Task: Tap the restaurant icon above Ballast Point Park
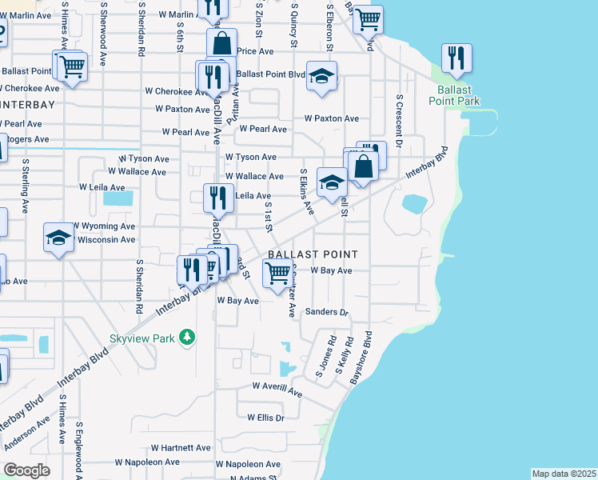click(456, 58)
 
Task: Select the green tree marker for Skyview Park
click(187, 338)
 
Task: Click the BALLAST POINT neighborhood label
click(312, 254)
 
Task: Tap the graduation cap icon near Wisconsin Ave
click(58, 237)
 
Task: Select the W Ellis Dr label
click(266, 418)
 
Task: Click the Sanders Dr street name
click(328, 312)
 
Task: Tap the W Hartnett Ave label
click(181, 448)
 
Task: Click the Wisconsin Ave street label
click(106, 239)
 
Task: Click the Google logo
click(26, 470)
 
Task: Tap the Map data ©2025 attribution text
click(564, 474)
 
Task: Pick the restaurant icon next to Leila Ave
click(217, 198)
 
